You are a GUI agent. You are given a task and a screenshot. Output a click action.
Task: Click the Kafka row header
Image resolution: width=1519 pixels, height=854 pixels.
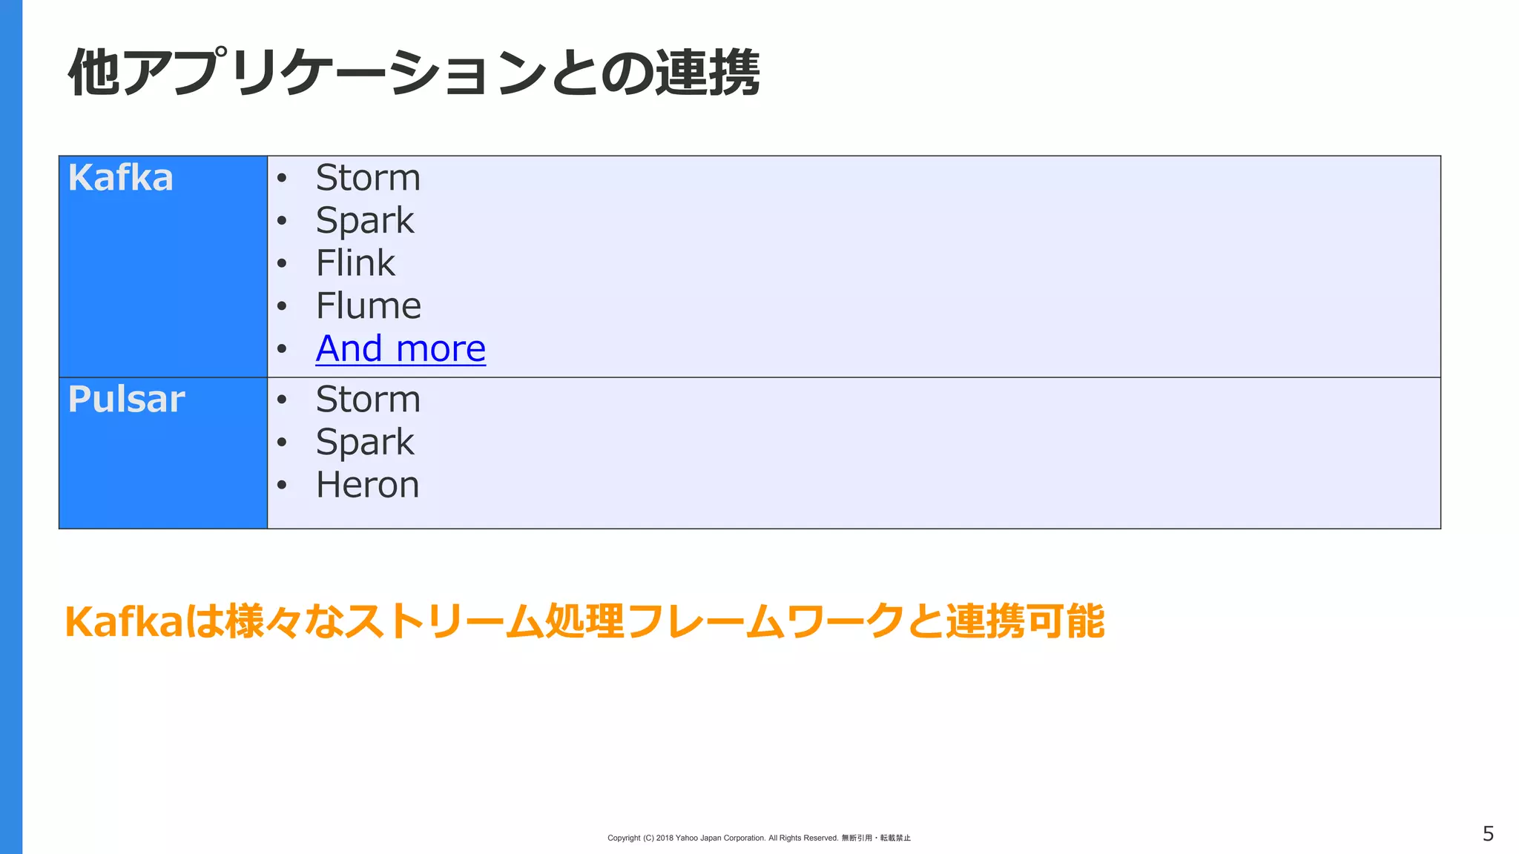tap(121, 178)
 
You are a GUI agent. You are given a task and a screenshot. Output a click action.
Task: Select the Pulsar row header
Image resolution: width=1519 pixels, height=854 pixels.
tap(126, 400)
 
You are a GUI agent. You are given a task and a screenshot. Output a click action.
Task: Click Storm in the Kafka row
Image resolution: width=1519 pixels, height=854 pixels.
tap(368, 178)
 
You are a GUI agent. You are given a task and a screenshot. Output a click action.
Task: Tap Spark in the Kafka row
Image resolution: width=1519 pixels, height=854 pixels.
tap(365, 221)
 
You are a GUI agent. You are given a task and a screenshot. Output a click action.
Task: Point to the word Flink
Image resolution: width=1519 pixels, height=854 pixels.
tap(355, 263)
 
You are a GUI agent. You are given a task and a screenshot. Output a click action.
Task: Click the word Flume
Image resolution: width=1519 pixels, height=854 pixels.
tap(369, 306)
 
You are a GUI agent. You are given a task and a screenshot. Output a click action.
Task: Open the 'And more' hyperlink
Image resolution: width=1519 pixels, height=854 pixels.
tap(401, 349)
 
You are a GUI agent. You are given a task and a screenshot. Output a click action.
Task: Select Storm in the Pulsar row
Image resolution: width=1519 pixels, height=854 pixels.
tap(368, 400)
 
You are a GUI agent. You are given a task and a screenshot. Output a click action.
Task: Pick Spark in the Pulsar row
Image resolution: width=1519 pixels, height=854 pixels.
tap(365, 443)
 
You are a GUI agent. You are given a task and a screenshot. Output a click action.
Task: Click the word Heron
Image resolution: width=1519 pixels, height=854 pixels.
tap(368, 486)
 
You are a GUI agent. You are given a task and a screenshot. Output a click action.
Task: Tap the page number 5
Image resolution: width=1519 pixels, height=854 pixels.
tap(1488, 834)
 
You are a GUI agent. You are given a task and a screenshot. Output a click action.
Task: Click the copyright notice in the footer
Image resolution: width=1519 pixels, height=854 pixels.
tap(759, 838)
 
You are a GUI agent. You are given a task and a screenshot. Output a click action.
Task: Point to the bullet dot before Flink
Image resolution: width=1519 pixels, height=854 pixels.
tap(282, 264)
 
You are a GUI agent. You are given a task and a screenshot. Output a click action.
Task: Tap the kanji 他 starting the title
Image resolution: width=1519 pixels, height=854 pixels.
tap(94, 73)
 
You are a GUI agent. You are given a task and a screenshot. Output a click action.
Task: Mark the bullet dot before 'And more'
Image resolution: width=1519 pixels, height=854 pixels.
tap(282, 349)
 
